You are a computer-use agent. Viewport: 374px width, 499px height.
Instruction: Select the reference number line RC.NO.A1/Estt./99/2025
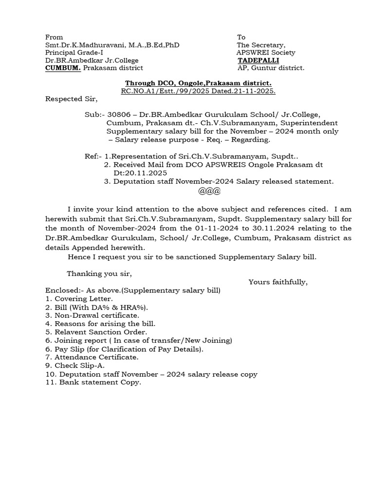[198, 91]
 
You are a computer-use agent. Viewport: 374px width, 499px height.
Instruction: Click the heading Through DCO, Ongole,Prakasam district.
[198, 83]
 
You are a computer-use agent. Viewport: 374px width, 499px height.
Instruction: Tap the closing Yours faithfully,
[278, 282]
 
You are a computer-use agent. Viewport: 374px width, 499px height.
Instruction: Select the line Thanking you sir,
[99, 273]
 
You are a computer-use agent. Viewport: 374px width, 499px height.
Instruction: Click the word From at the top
[54, 37]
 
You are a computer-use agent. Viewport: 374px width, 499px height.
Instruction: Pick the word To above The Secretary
[242, 37]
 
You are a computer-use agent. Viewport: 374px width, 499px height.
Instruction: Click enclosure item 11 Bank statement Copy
[93, 383]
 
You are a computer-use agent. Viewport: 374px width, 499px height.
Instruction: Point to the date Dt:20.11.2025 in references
[140, 173]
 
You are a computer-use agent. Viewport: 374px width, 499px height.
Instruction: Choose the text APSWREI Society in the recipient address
[266, 53]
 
